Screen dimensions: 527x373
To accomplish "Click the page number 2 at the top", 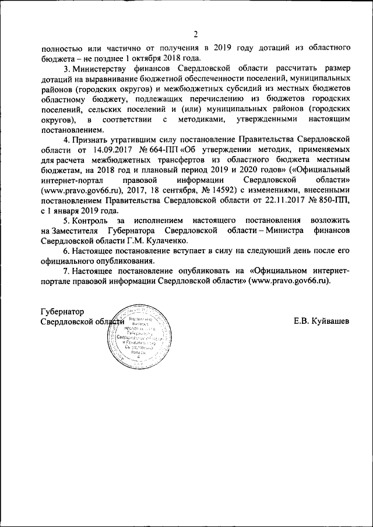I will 196,34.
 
